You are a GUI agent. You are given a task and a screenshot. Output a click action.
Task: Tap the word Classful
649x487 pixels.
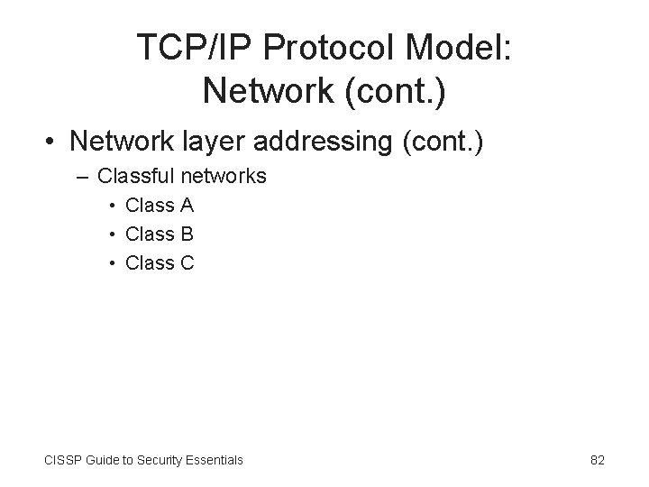click(x=134, y=176)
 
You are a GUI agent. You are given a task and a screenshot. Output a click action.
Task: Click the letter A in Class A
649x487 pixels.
click(x=187, y=206)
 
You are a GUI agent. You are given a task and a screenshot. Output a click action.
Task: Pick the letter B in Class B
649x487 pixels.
click(x=187, y=234)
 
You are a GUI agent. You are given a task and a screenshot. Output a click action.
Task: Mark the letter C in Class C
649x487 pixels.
click(x=187, y=263)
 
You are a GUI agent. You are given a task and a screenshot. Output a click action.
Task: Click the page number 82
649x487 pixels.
click(x=597, y=460)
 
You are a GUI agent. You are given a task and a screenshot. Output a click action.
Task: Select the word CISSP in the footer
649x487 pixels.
click(x=60, y=460)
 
